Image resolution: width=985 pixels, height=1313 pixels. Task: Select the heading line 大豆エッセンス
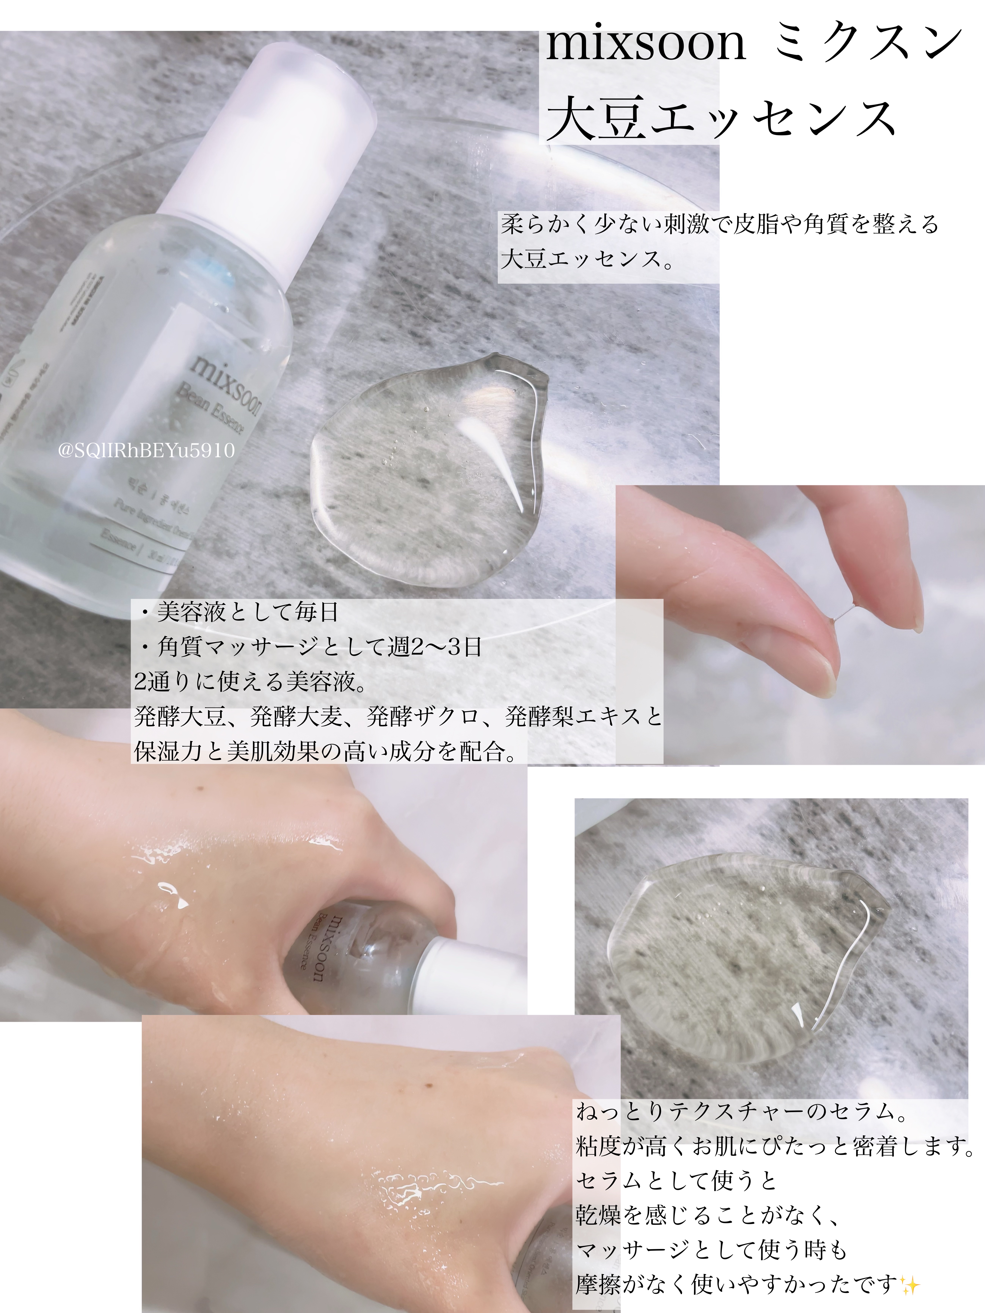(721, 119)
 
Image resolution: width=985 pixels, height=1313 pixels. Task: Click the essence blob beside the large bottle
(428, 469)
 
